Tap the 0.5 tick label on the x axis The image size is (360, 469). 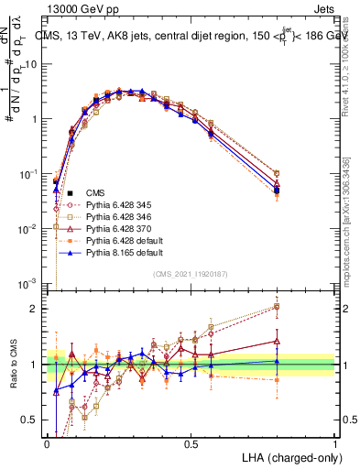click(x=191, y=443)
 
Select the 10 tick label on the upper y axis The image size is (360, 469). click(x=32, y=65)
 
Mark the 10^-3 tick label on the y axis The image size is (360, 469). click(x=30, y=282)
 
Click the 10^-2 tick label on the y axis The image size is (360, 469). click(x=30, y=228)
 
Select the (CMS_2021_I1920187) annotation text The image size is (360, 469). click(x=191, y=272)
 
